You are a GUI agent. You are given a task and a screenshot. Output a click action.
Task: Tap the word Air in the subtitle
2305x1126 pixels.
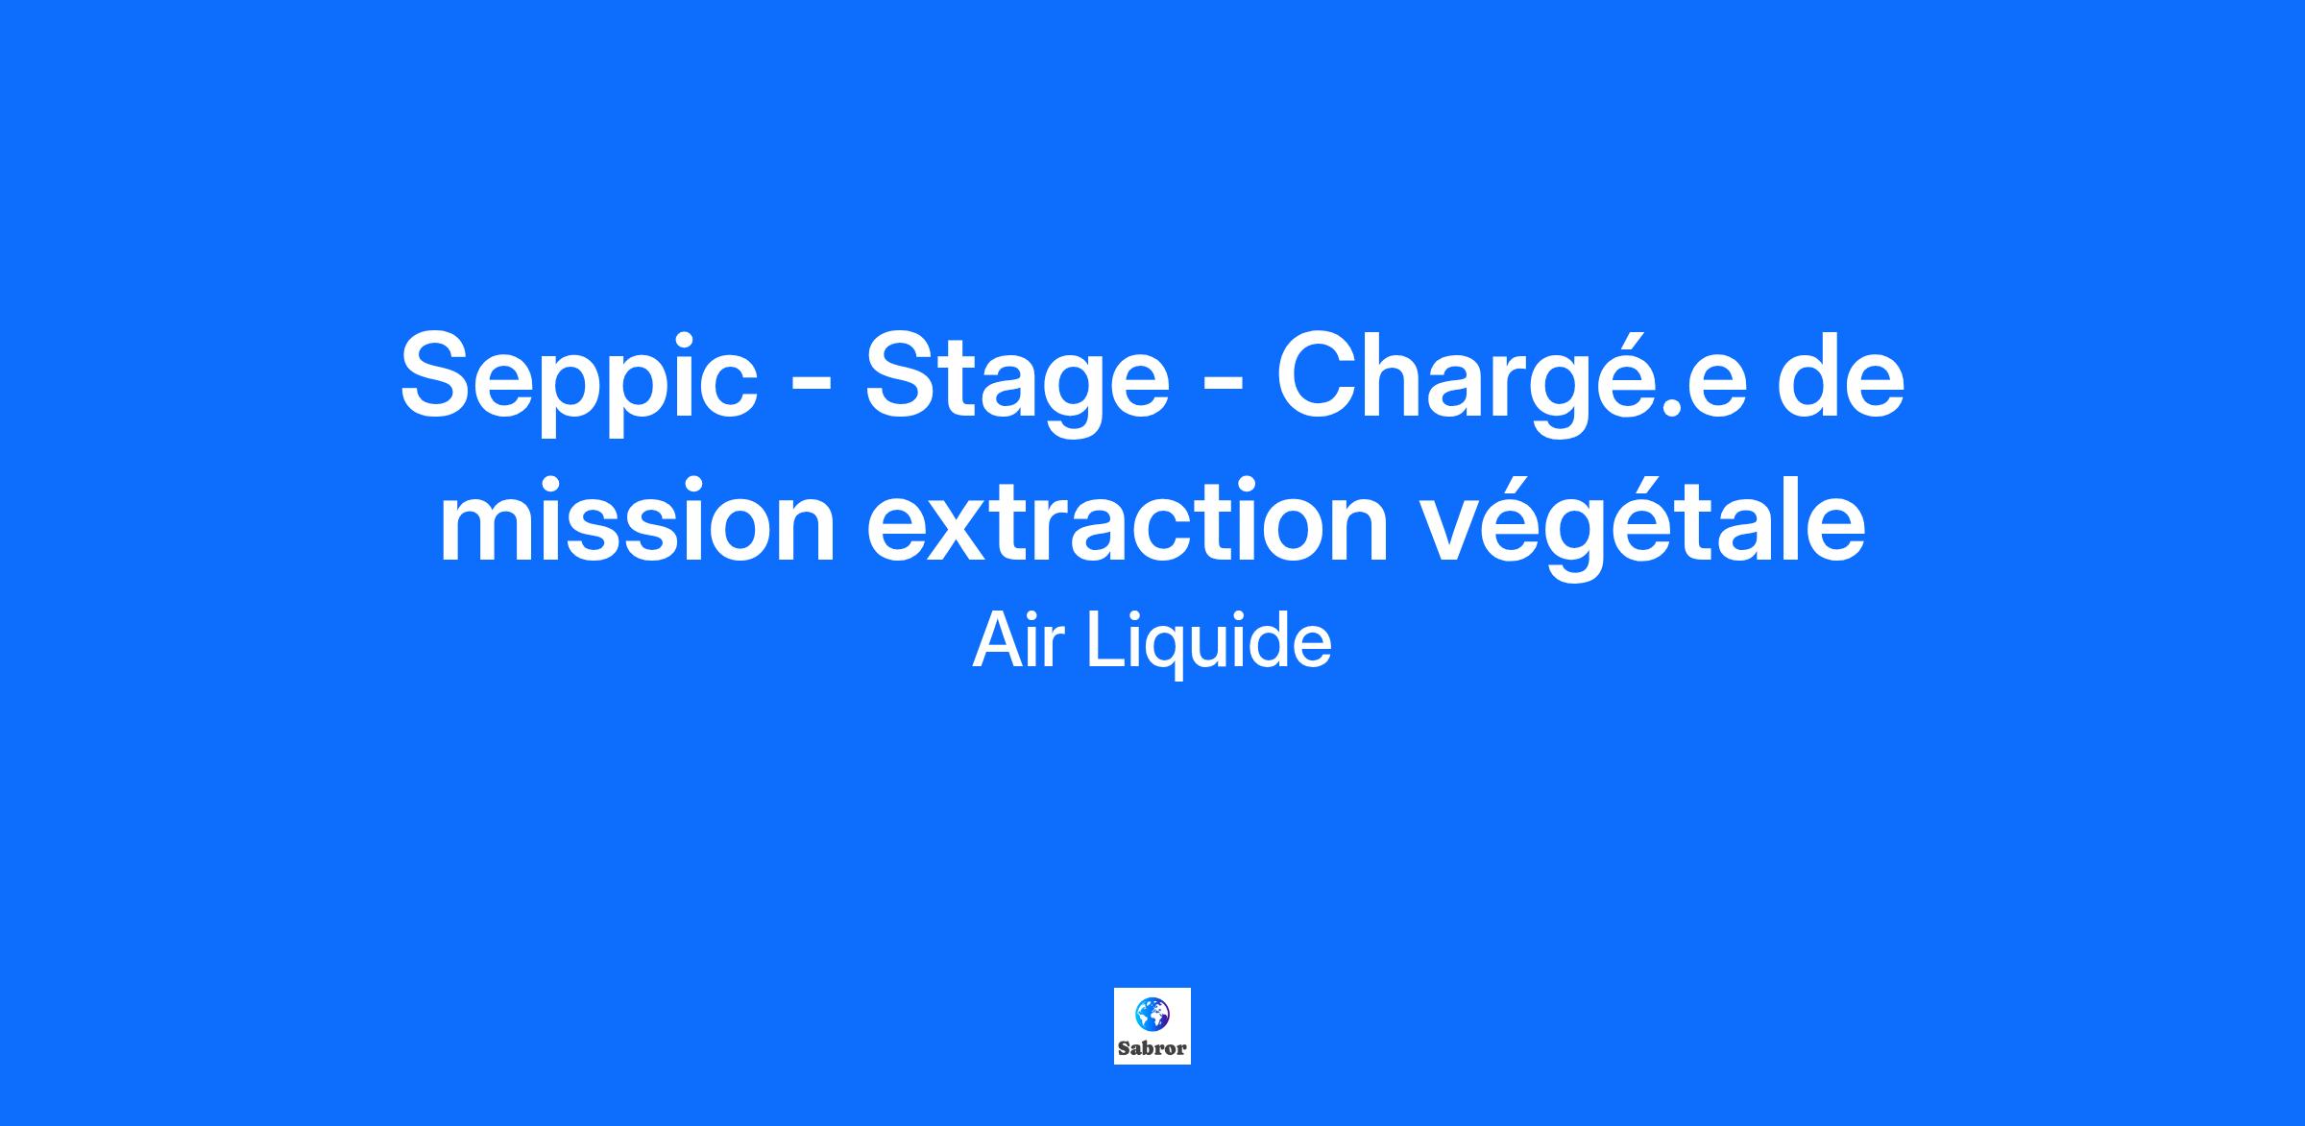[x=1020, y=641]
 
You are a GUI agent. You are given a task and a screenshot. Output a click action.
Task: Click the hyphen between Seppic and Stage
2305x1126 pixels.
[x=811, y=391]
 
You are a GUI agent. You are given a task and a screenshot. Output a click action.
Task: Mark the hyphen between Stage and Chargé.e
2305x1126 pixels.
[x=1223, y=391]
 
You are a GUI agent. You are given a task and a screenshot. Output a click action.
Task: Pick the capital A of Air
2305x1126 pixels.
[x=999, y=641]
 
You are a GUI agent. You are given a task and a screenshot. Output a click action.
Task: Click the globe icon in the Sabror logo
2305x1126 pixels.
[x=1152, y=1012]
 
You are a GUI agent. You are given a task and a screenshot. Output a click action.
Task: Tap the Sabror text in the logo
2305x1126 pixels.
[x=1152, y=1047]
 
